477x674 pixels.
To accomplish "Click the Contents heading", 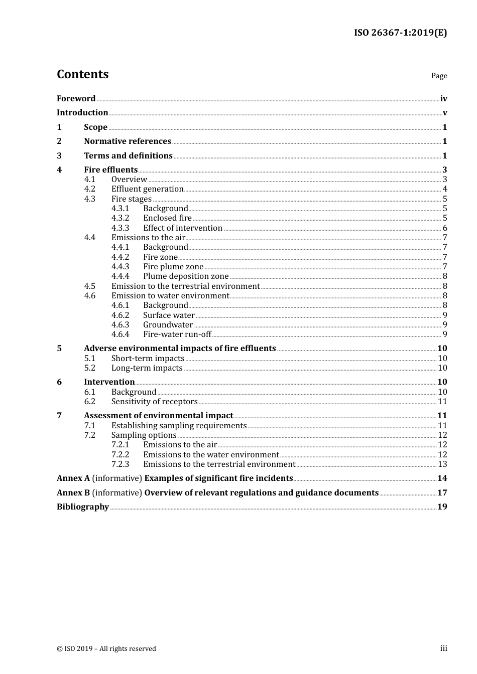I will [82, 74].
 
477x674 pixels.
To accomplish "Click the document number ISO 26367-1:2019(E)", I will [400, 33].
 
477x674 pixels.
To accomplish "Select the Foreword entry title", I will [76, 98].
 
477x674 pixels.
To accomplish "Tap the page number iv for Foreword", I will [443, 99].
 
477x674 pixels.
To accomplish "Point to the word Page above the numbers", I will [439, 76].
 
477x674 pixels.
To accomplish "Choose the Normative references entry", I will [128, 141].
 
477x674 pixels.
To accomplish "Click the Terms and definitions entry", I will [128, 155].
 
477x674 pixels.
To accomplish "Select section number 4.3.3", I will [120, 228].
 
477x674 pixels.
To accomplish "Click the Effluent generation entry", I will [147, 189].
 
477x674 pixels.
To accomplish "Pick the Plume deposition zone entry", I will [186, 276].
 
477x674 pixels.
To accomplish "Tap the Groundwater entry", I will [168, 324].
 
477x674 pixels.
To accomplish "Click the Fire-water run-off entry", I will [177, 334].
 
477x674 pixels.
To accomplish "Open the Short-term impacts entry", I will [148, 358].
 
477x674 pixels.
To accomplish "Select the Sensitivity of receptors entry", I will [154, 402].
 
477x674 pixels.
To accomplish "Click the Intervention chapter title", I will [109, 382].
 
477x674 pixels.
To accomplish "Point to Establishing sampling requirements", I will [179, 426].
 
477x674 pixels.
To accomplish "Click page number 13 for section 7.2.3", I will [442, 464].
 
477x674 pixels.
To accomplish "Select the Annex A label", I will [73, 478].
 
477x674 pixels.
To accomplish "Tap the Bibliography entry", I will [83, 507].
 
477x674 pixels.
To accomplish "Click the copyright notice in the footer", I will [106, 648].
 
